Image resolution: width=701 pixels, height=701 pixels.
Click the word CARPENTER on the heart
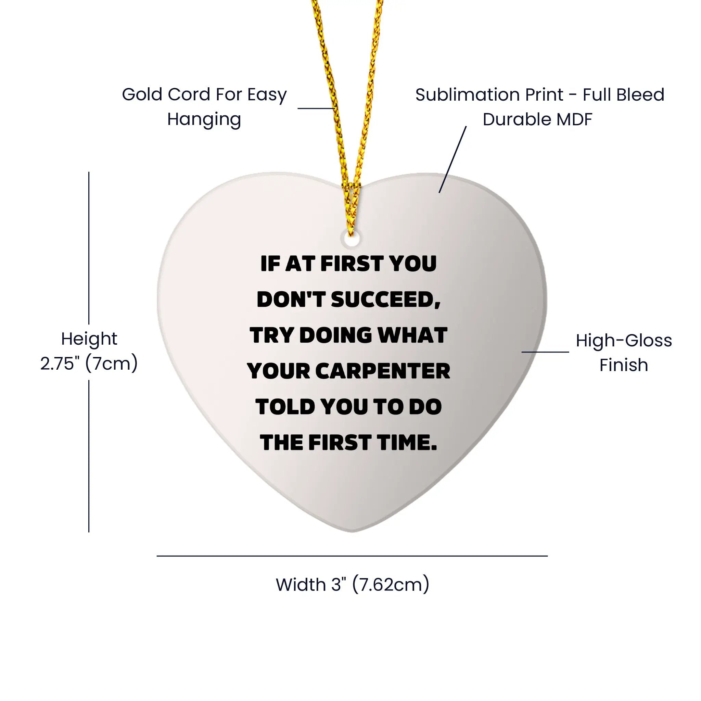coord(383,371)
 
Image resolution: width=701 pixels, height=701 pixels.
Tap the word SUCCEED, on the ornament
coord(386,300)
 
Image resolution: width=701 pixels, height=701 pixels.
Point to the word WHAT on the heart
coord(412,335)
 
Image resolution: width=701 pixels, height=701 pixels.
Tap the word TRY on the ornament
coord(272,335)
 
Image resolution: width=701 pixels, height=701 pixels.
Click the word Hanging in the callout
coord(204,120)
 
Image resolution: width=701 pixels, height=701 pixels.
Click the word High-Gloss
coord(624,341)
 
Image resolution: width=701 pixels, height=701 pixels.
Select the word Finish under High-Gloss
coord(624,365)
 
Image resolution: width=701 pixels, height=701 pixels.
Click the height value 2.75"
coord(60,363)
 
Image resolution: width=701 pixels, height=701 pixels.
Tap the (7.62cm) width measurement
coord(391,585)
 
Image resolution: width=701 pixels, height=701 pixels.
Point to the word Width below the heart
coord(301,585)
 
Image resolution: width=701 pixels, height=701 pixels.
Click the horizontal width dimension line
coord(352,556)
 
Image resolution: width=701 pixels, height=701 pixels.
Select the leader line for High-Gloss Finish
coord(545,352)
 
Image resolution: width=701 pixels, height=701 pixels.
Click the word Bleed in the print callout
coord(642,95)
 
